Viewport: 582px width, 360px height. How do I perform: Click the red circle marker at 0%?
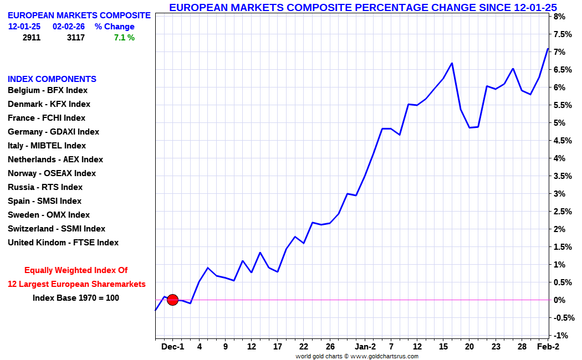point(172,300)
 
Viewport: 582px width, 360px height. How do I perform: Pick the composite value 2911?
point(32,38)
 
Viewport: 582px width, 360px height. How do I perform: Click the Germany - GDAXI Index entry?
point(53,132)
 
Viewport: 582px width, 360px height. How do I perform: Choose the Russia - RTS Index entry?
point(45,187)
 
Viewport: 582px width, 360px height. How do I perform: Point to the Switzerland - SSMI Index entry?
point(56,229)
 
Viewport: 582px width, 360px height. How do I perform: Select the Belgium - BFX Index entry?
point(48,90)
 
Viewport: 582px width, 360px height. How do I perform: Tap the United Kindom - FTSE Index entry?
point(63,243)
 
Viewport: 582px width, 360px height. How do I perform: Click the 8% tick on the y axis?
point(559,17)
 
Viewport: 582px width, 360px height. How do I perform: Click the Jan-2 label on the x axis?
point(365,347)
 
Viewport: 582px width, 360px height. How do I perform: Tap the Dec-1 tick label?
point(172,347)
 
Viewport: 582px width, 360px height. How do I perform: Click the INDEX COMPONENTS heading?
point(52,79)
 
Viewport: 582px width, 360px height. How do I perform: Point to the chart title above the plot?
point(363,7)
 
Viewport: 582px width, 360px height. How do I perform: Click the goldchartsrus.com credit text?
point(357,356)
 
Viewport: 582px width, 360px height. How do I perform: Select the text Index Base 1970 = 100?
point(76,298)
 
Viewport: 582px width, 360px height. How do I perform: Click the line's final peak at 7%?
point(548,49)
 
